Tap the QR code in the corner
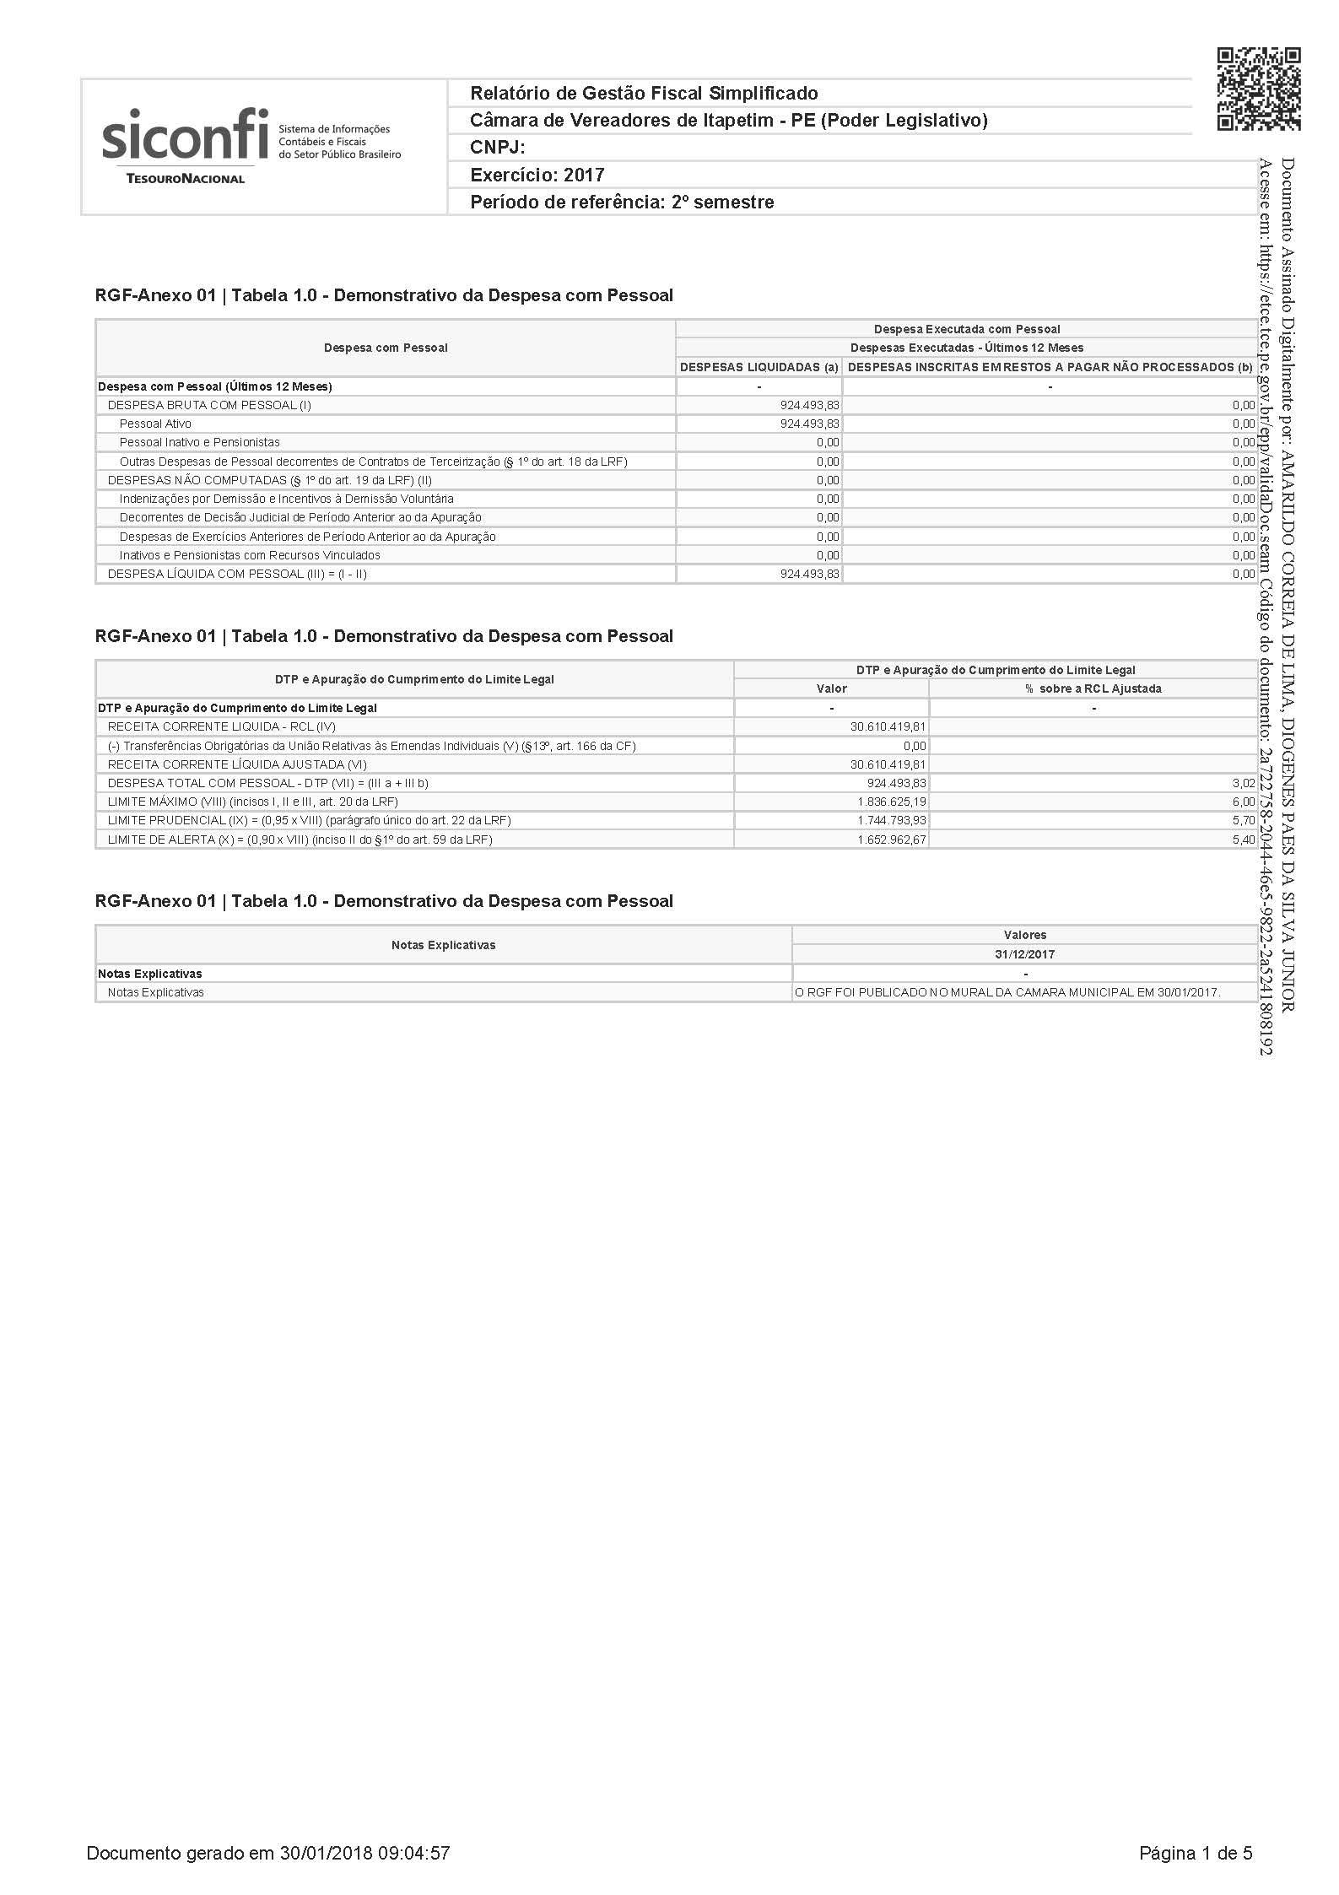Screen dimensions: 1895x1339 1258,89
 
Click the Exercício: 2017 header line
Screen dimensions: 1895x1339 537,175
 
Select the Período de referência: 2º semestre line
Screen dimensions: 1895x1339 622,202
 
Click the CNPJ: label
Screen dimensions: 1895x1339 498,148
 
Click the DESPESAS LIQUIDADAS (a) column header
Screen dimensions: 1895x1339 759,367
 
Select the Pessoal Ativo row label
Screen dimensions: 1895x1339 155,424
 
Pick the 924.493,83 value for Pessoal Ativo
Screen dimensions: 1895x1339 809,424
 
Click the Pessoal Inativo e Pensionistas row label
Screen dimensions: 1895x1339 199,442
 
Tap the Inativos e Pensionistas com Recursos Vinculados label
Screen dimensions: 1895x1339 250,555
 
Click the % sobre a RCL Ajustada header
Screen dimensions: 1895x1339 1093,688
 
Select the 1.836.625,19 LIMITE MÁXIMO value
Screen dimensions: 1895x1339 891,802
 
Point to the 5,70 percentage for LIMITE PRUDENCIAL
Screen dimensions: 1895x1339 1243,820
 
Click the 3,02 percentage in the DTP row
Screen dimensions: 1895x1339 1243,783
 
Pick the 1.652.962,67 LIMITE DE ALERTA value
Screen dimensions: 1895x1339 891,840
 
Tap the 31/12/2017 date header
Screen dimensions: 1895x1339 1024,954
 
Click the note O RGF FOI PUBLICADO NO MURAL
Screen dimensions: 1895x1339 1007,992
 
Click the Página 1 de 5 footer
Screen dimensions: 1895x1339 1196,1854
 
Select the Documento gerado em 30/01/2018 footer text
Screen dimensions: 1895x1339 267,1854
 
